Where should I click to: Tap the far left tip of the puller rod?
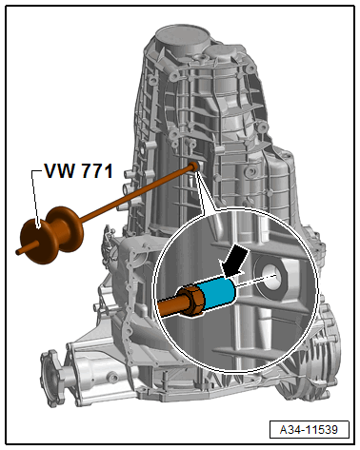coord(20,252)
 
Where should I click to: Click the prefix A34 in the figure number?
coord(294,430)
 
